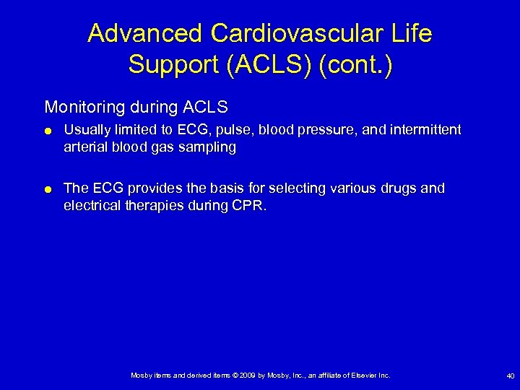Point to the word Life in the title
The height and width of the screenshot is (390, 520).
pyautogui.click(x=410, y=34)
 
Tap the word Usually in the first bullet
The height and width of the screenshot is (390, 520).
pyautogui.click(x=86, y=130)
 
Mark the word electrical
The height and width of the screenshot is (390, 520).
pyautogui.click(x=92, y=206)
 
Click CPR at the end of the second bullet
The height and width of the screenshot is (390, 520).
pyautogui.click(x=249, y=206)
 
